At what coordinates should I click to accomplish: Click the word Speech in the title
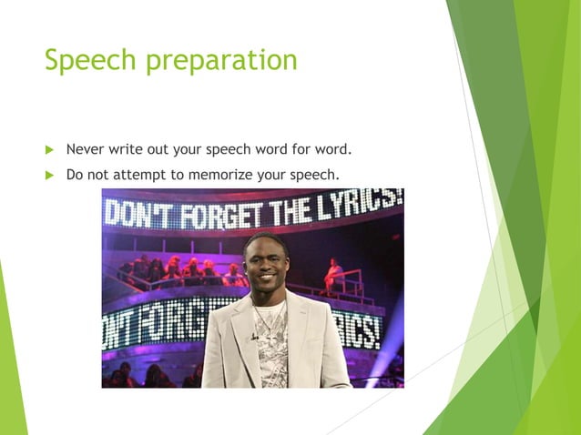[85, 60]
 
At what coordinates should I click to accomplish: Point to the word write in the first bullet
[131, 148]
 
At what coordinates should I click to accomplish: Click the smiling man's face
[266, 268]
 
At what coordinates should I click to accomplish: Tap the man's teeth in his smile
[267, 286]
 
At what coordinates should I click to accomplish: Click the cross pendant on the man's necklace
[270, 336]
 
